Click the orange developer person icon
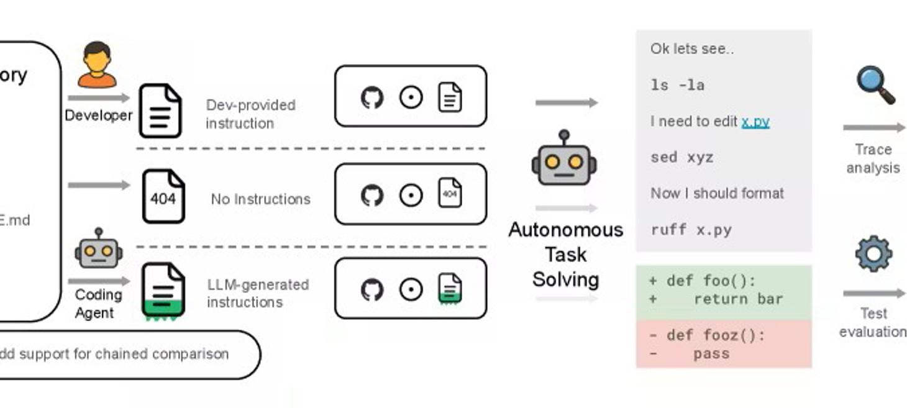tap(97, 65)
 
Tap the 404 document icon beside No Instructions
tap(163, 197)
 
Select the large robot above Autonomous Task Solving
tap(564, 160)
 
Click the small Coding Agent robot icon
tap(98, 248)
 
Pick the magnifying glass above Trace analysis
tap(875, 86)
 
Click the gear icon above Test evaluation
tap(873, 253)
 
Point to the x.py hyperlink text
tap(755, 122)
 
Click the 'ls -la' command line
tap(678, 85)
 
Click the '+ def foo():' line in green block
tap(703, 281)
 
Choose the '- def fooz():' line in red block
tap(707, 335)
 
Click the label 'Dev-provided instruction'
tap(250, 114)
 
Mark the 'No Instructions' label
tap(260, 199)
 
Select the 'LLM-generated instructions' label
tap(258, 293)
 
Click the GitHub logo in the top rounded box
tap(372, 97)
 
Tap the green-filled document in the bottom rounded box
tap(450, 289)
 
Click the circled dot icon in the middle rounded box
tap(411, 196)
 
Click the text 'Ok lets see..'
tap(692, 49)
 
